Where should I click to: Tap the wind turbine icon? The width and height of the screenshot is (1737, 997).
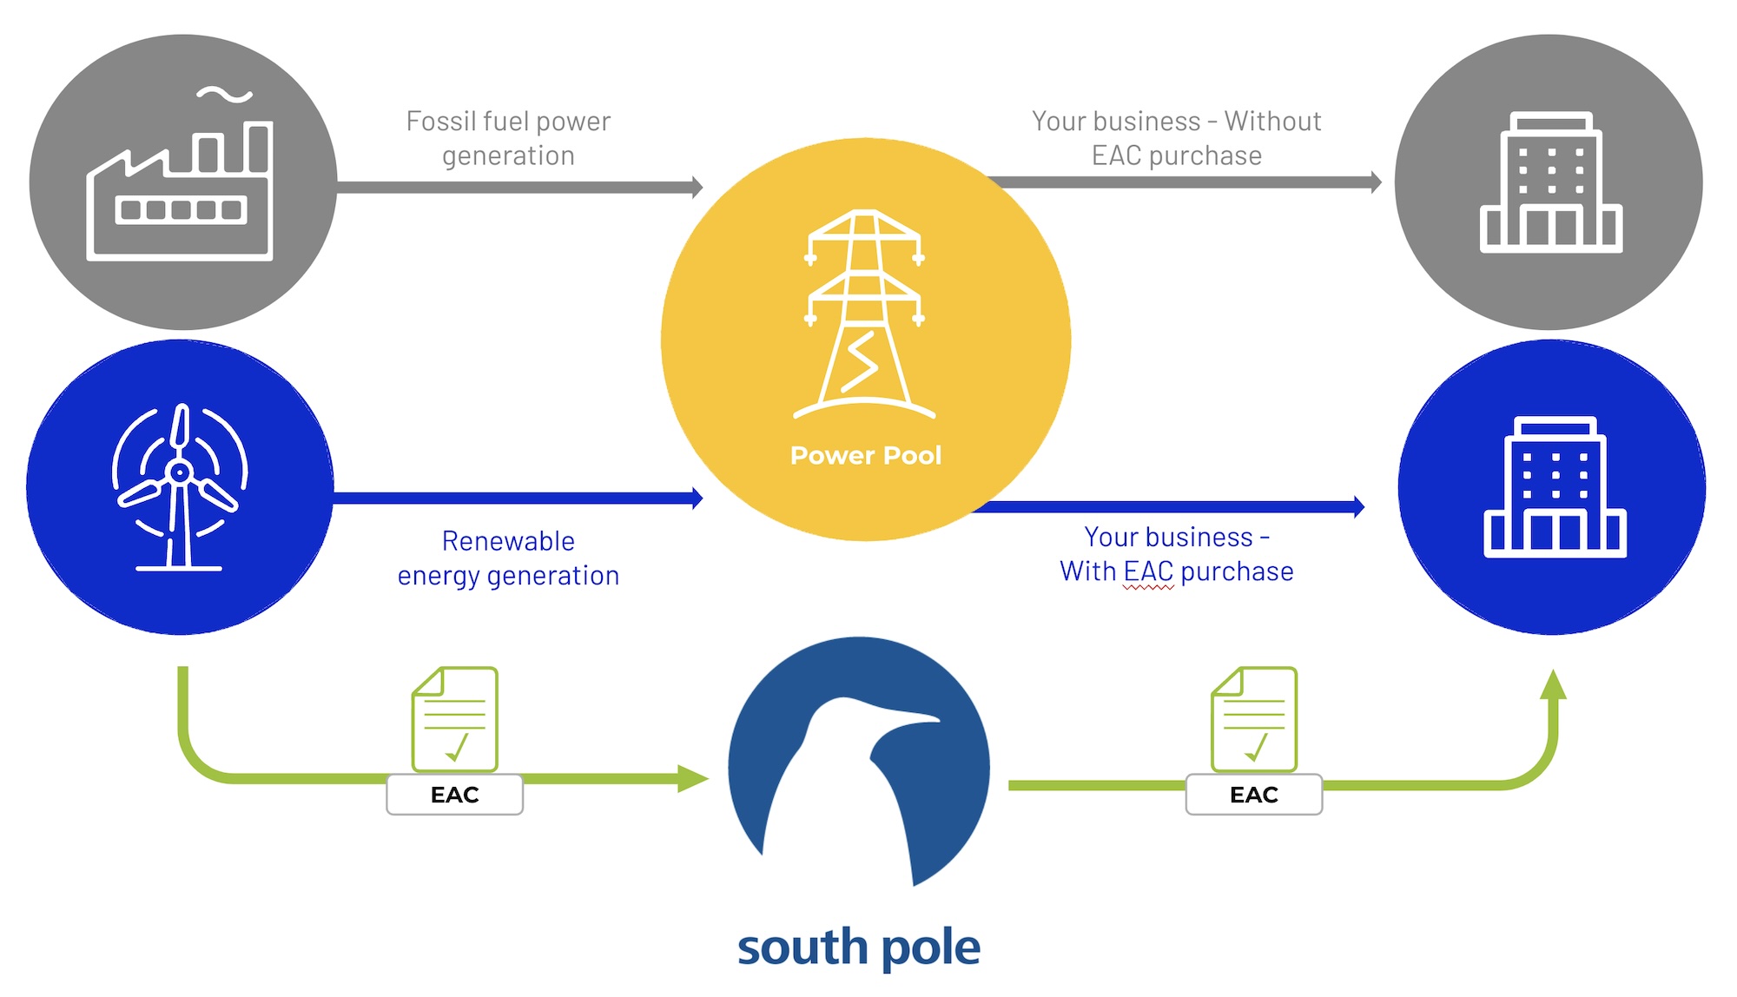pyautogui.click(x=180, y=486)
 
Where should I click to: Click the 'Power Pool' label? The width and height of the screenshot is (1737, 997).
pyautogui.click(x=865, y=455)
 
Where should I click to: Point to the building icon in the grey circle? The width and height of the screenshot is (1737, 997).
pyautogui.click(x=1551, y=182)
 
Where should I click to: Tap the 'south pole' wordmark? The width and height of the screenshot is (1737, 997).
pyautogui.click(x=859, y=946)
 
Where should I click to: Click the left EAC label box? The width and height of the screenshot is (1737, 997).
pyautogui.click(x=454, y=795)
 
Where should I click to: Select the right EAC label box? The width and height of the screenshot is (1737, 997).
pyautogui.click(x=1253, y=795)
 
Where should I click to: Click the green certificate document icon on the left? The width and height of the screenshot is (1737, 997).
pyautogui.click(x=455, y=719)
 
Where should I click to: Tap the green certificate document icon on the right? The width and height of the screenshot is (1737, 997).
pyautogui.click(x=1254, y=719)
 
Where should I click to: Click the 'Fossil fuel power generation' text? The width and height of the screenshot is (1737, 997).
pyautogui.click(x=508, y=138)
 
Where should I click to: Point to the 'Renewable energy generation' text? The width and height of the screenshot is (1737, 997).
pyautogui.click(x=508, y=558)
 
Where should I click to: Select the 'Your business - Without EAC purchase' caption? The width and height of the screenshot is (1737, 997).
pyautogui.click(x=1177, y=138)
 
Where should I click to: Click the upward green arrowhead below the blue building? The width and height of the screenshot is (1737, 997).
pyautogui.click(x=1553, y=685)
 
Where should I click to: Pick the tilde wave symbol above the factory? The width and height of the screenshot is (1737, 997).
pyautogui.click(x=224, y=95)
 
